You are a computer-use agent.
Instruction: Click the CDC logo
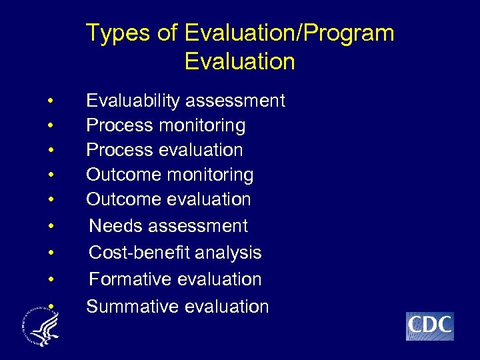point(429,326)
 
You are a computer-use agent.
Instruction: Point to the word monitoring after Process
point(207,125)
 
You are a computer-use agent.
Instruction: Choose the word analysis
point(229,253)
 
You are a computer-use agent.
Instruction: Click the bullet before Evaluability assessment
point(51,101)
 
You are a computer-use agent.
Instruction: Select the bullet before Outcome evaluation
point(51,200)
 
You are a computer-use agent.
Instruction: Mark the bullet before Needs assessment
point(51,227)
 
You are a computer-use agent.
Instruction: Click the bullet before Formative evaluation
point(51,280)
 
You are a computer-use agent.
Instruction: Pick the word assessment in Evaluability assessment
point(235,101)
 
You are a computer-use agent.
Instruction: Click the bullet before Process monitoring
point(51,126)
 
